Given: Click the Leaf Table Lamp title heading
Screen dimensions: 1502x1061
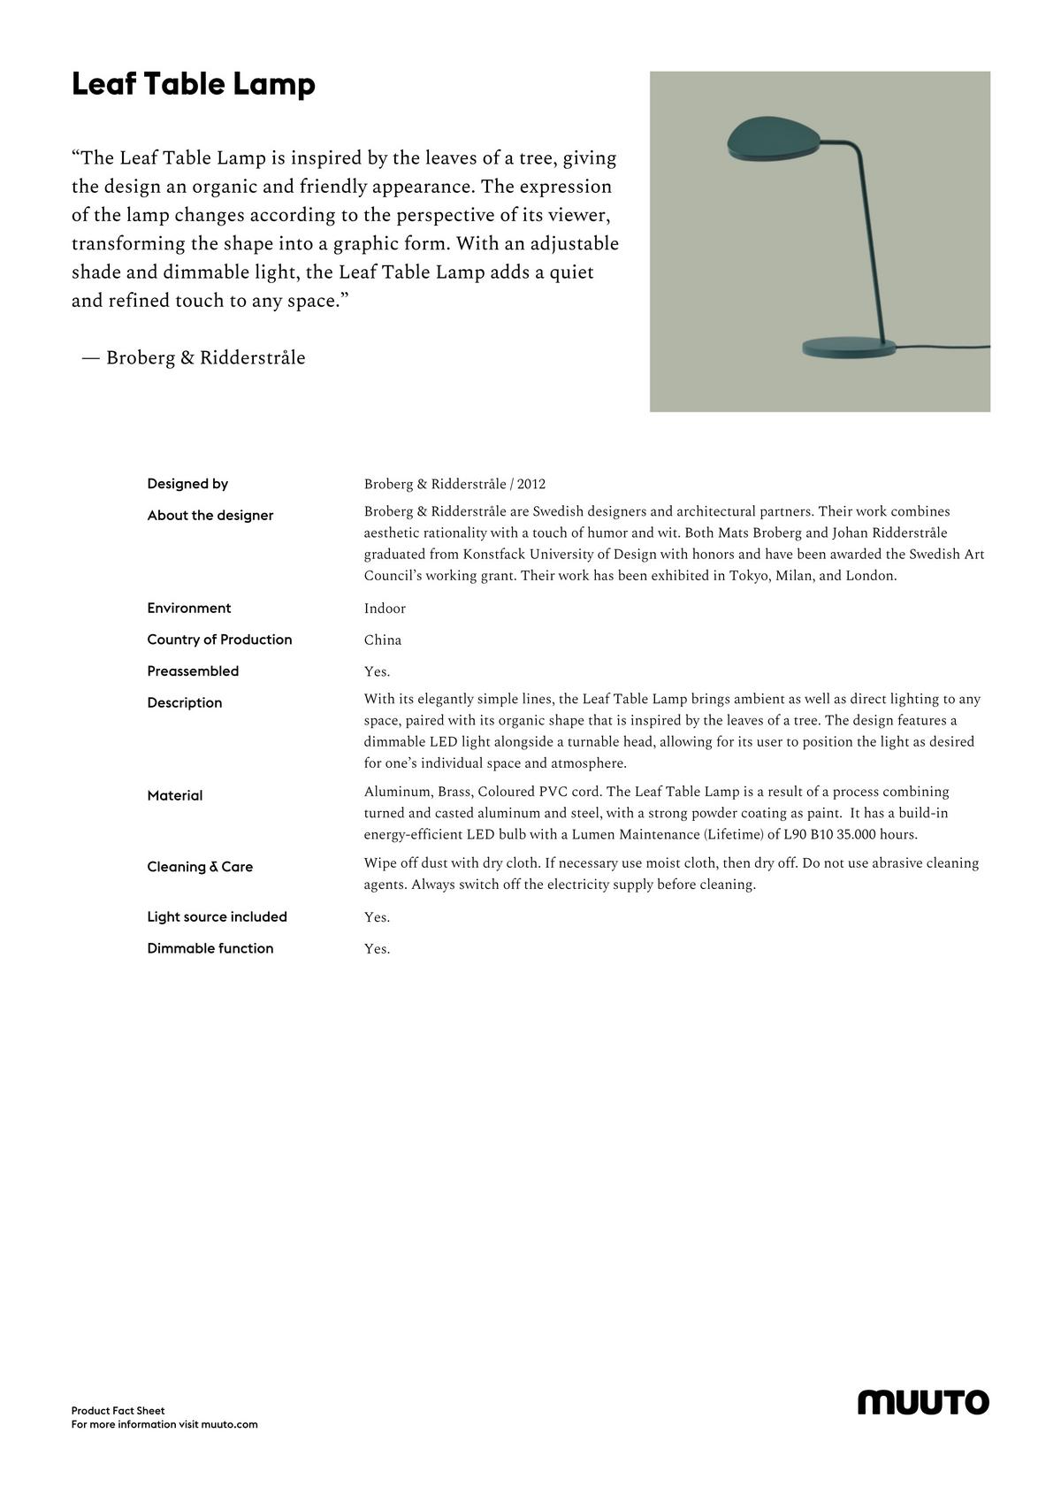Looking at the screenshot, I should (193, 85).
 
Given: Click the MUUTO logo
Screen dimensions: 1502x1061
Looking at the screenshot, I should (923, 1402).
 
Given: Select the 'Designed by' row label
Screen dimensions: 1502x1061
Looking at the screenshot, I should (187, 484).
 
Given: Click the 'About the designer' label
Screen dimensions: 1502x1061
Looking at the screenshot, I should (210, 516).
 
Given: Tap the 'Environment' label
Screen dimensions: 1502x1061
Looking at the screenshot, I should (189, 609).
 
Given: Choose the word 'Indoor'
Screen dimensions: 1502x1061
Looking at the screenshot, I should (385, 609).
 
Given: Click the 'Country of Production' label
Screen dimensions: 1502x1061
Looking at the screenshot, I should (219, 640).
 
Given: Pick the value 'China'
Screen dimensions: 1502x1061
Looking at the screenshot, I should (383, 640).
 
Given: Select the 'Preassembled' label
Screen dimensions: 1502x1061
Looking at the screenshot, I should (193, 671).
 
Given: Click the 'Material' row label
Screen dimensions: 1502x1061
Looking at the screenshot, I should (175, 796).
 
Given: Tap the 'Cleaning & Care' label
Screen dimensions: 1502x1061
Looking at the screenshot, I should (200, 867).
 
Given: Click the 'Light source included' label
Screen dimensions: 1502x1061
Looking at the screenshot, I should (217, 917).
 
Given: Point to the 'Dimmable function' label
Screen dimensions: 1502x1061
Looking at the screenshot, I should (210, 948).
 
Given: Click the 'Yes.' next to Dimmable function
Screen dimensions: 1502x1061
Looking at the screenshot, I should (377, 949).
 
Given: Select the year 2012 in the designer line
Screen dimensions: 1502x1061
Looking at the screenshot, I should (531, 485).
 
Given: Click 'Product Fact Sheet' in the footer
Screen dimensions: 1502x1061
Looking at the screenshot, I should (118, 1411).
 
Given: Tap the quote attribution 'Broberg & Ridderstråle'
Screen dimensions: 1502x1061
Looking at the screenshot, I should (205, 358).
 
